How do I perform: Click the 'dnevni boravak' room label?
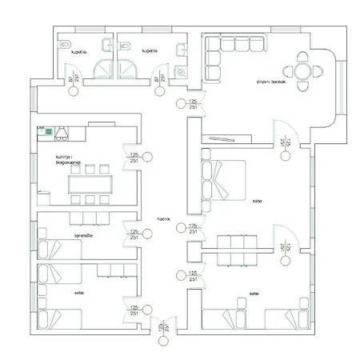(x=270, y=82)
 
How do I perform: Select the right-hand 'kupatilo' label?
(x=149, y=50)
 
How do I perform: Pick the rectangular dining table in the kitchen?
(x=90, y=184)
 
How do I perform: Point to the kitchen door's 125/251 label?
(x=134, y=158)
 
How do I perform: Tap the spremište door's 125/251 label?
(x=134, y=234)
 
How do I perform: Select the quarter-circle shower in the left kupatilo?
(x=104, y=70)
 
